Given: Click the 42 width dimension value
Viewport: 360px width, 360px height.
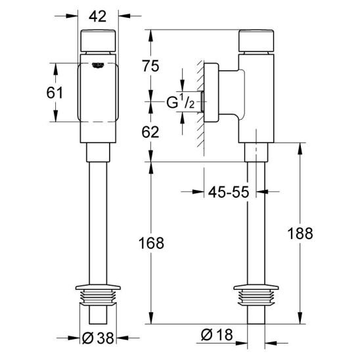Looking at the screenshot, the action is click(98, 16).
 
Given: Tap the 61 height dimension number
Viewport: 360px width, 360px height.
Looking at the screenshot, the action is click(55, 93).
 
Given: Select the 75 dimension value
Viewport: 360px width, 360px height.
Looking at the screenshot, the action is click(150, 66).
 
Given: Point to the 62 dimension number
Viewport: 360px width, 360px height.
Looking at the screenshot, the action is click(150, 132).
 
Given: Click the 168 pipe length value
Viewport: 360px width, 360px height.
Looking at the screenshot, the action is click(151, 243).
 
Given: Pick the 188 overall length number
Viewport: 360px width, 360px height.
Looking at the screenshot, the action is click(300, 233).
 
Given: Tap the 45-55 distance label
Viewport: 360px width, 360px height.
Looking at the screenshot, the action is click(229, 192).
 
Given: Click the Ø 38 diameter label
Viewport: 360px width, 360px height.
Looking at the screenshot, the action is click(98, 338).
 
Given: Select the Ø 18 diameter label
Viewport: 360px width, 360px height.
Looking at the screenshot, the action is click(217, 334).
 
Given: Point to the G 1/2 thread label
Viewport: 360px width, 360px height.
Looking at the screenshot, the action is click(181, 102).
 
